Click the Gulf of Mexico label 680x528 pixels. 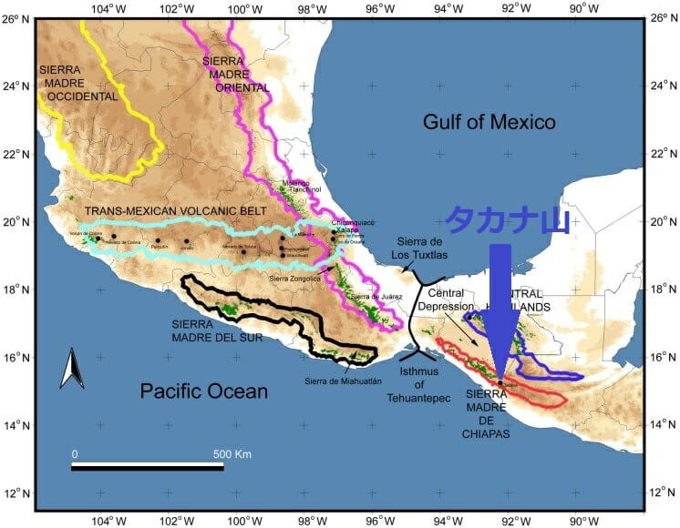(x=489, y=121)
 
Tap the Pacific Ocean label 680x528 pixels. (x=204, y=391)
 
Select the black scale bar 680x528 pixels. (x=148, y=468)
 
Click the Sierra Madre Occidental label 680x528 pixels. (x=78, y=83)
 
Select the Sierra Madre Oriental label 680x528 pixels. (x=235, y=74)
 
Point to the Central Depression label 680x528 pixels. (x=446, y=300)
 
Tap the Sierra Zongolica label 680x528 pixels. (x=294, y=278)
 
